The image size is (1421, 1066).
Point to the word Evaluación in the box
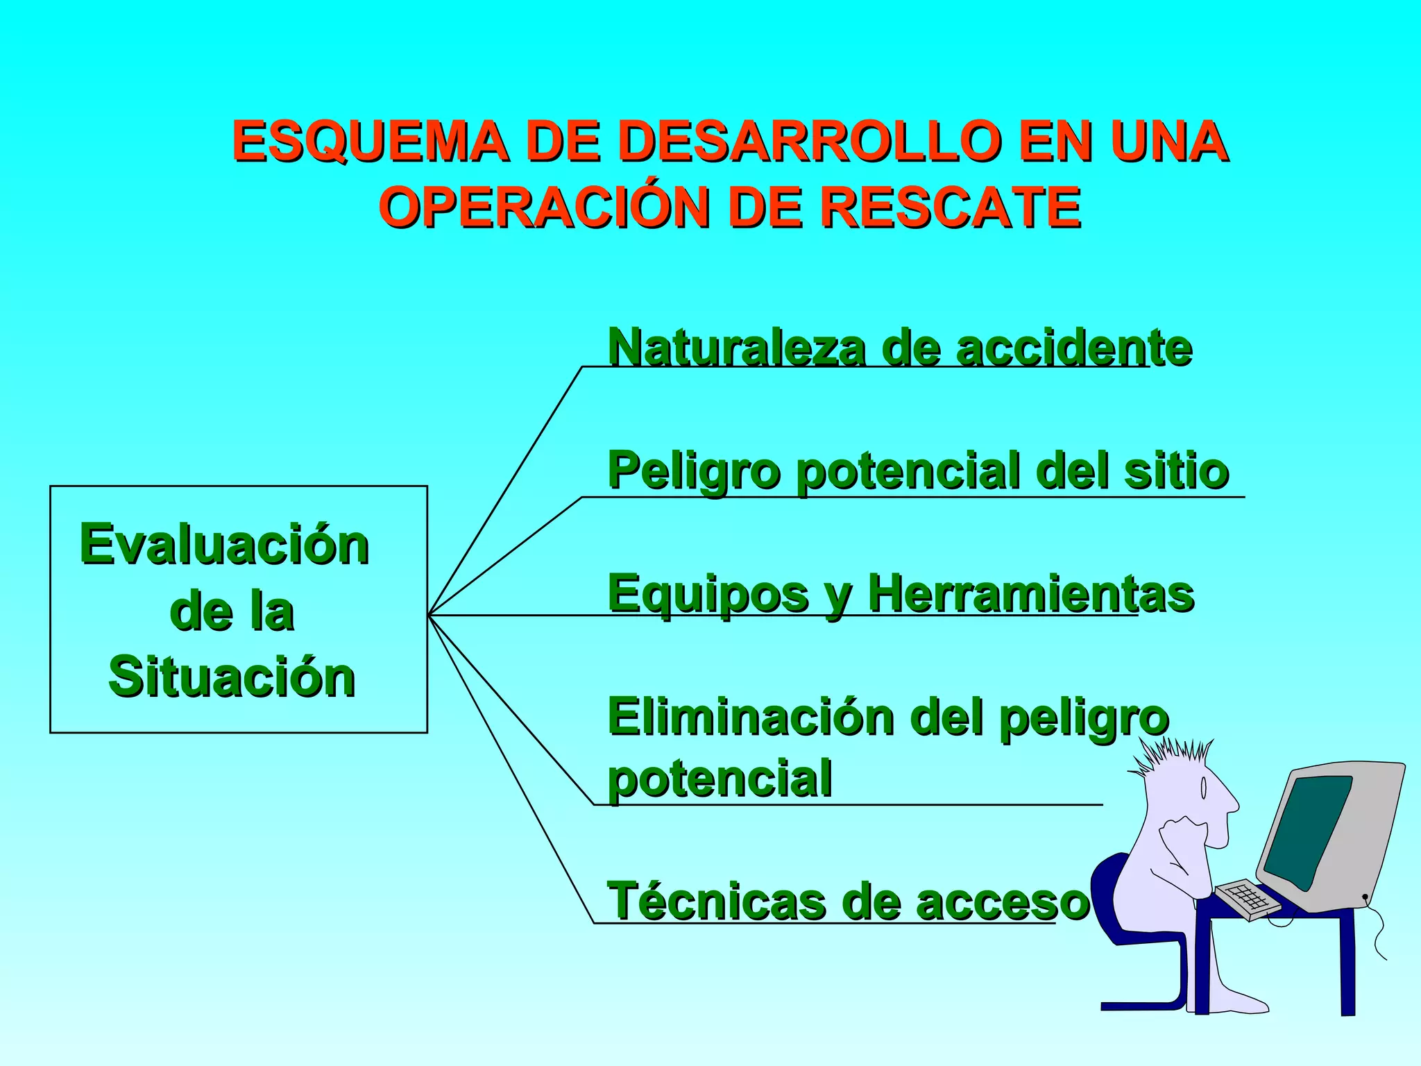(x=224, y=545)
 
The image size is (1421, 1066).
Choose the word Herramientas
(x=1030, y=594)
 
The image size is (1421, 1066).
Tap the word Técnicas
(x=715, y=901)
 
